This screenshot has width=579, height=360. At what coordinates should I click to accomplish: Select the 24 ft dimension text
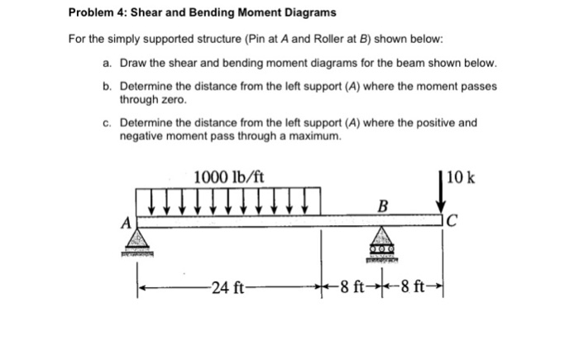pyautogui.click(x=226, y=287)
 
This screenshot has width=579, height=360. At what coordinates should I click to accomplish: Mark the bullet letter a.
pyautogui.click(x=108, y=64)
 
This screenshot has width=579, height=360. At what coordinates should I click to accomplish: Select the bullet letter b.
pyautogui.click(x=108, y=86)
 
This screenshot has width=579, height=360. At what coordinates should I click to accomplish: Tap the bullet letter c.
pyautogui.click(x=108, y=122)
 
